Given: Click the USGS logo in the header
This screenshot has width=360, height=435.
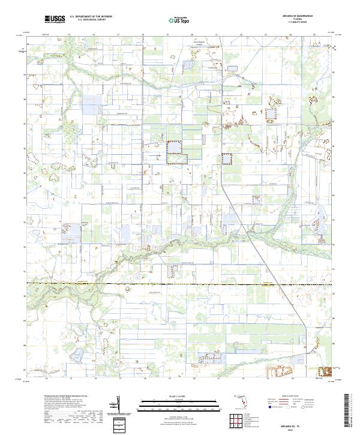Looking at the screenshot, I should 55,20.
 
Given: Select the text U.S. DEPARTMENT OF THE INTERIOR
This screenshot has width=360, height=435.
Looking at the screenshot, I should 91,17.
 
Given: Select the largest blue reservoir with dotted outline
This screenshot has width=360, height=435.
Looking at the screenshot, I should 176,152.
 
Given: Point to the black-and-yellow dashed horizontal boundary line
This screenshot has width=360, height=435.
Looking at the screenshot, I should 180,284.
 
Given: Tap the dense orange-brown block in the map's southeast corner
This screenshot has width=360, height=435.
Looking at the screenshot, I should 325,373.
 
